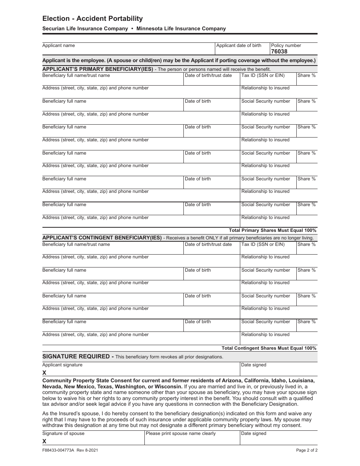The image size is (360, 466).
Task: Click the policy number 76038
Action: tap(279, 52)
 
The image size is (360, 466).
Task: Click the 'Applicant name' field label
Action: tap(58, 45)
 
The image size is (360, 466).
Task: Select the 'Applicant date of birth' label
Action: tap(238, 45)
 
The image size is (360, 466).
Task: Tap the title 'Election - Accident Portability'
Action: tap(92, 19)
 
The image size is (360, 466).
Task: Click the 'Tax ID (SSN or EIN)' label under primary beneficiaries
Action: tap(263, 75)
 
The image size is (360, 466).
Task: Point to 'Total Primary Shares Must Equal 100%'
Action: tap(272, 230)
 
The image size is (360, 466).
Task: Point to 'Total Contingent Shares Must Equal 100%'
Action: tap(269, 348)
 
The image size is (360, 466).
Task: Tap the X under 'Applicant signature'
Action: tap(44, 373)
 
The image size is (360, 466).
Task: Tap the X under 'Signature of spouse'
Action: tap(44, 441)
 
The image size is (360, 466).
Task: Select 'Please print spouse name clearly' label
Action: tap(180, 433)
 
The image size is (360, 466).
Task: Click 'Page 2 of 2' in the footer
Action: tap(306, 450)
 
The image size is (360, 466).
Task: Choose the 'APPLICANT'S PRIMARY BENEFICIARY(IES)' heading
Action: tap(98, 69)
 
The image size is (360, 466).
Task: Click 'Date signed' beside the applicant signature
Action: tap(254, 365)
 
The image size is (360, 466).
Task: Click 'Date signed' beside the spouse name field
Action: tap(254, 433)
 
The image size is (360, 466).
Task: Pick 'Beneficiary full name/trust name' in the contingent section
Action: tap(76, 244)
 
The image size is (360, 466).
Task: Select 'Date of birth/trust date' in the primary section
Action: tap(208, 75)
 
